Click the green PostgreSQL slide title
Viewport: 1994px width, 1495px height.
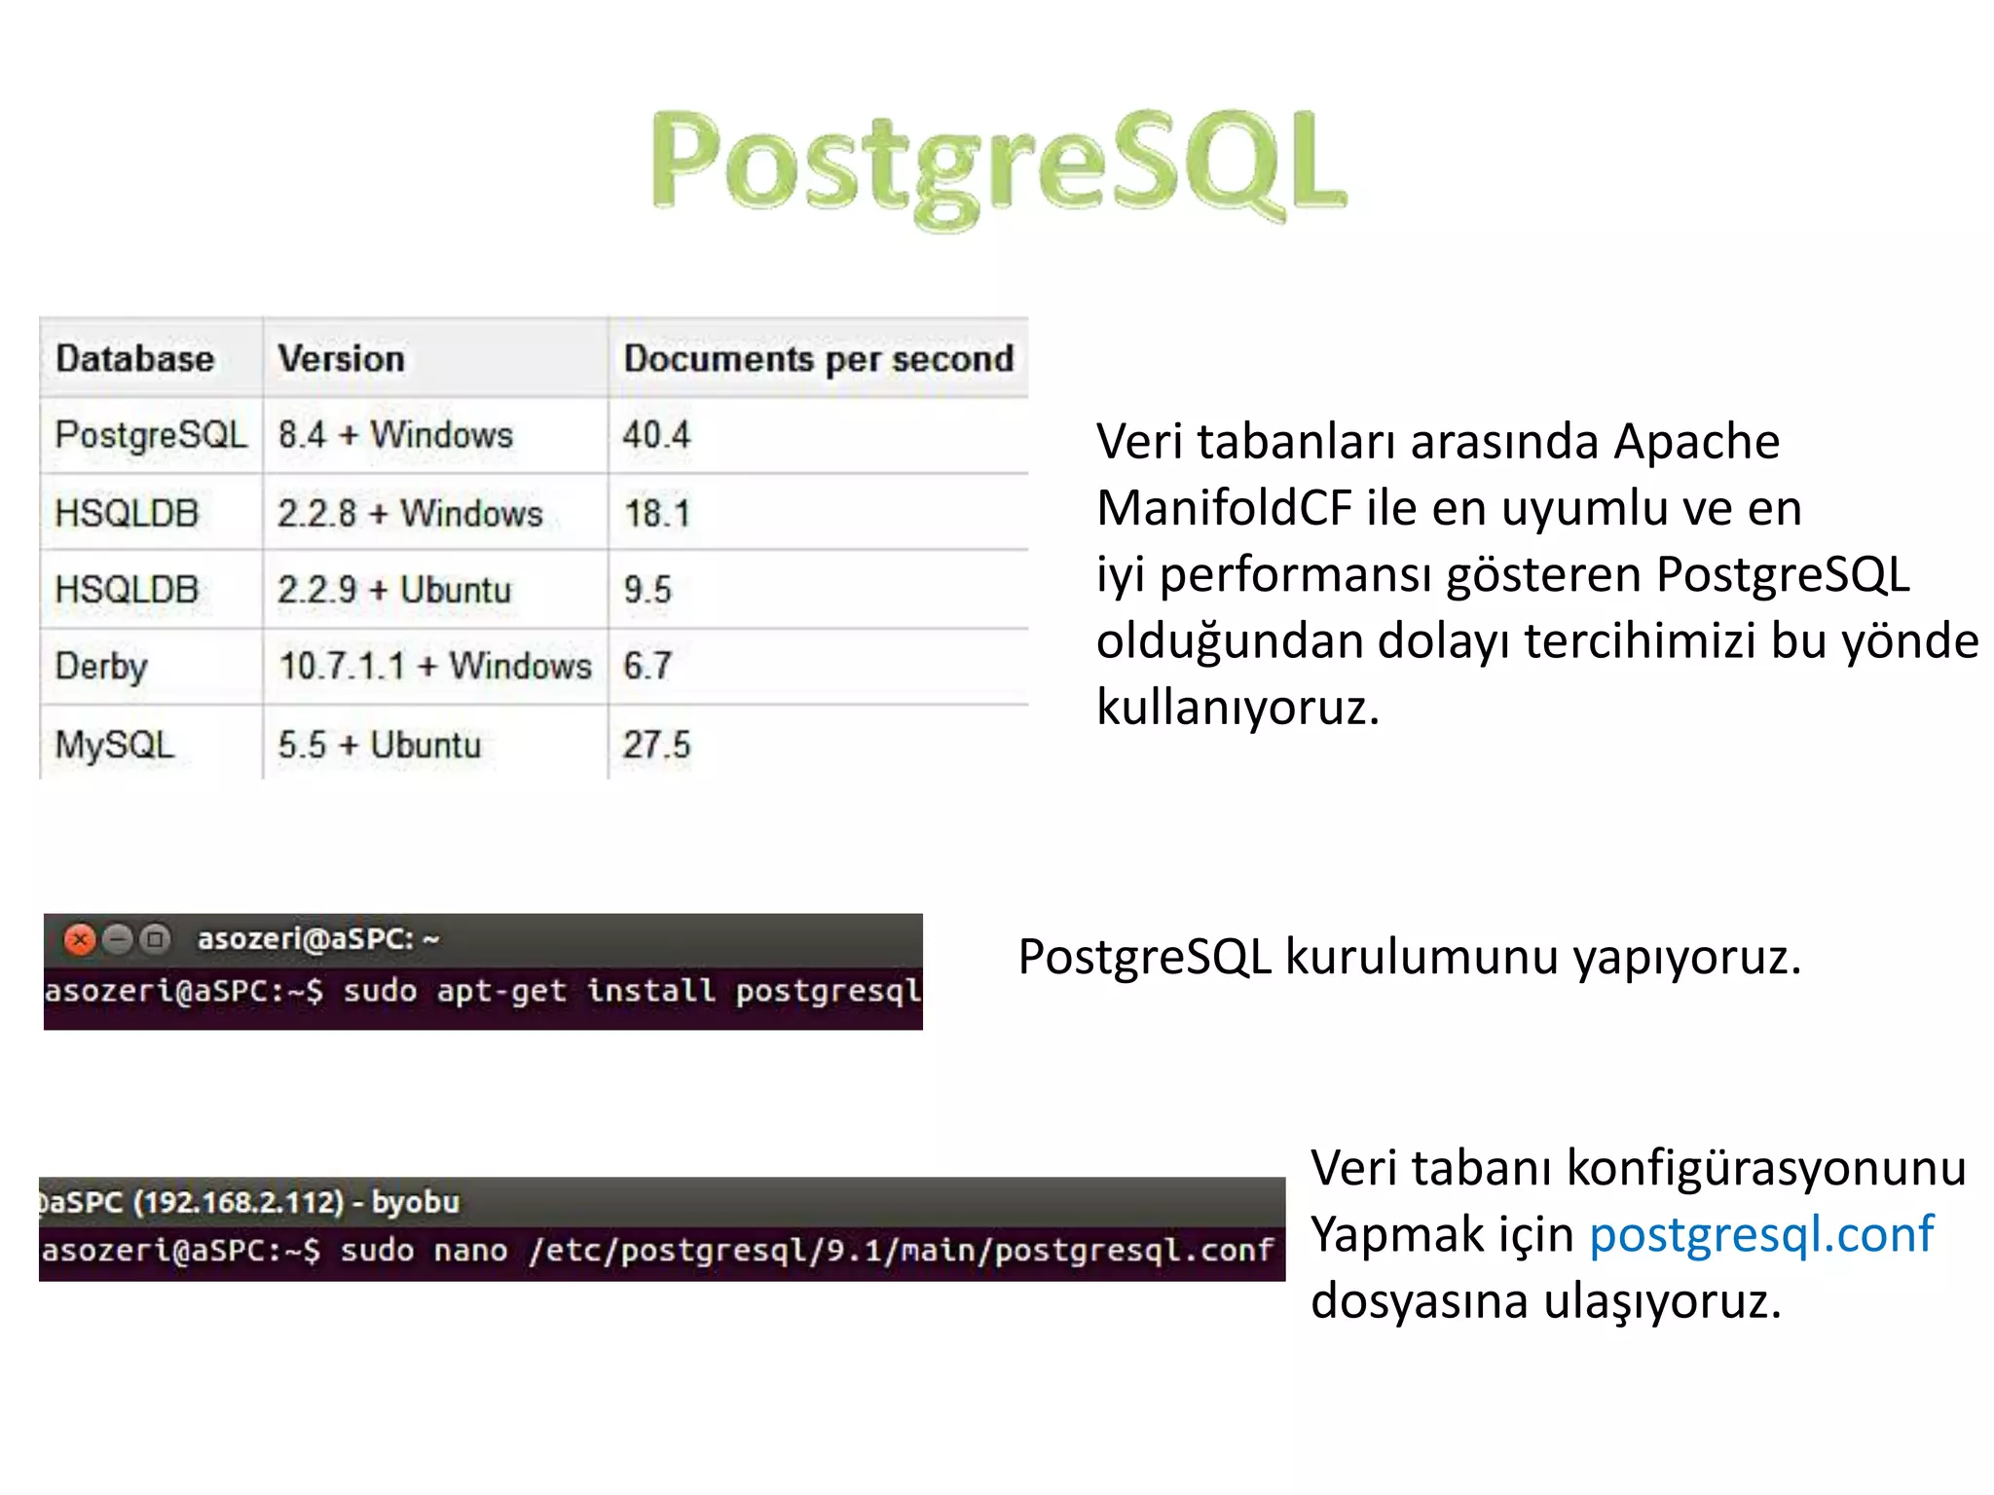(999, 165)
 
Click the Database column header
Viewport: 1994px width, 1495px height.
(134, 358)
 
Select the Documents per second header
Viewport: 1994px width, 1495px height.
(818, 358)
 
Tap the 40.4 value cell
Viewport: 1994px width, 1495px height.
(656, 434)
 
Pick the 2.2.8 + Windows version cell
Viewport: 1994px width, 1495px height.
(410, 513)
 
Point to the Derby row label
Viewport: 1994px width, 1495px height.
(101, 667)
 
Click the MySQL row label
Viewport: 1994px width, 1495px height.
(114, 745)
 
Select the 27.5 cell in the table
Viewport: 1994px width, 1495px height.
(656, 745)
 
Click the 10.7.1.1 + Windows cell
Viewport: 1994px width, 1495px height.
(435, 667)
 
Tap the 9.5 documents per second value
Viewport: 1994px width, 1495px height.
(647, 590)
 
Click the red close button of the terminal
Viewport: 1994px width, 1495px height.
(79, 939)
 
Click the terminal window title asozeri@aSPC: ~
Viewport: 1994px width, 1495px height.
(318, 939)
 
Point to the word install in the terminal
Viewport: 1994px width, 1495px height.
(650, 991)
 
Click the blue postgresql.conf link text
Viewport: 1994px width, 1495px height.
(1760, 1234)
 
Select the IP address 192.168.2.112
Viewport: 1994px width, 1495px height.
(239, 1202)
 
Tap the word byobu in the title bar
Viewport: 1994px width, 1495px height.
(416, 1202)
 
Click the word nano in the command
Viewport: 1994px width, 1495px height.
(470, 1250)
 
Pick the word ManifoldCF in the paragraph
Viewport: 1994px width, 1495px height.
(1224, 508)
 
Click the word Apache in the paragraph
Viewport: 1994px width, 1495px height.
(1696, 442)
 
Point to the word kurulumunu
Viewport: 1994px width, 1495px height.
(1422, 957)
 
